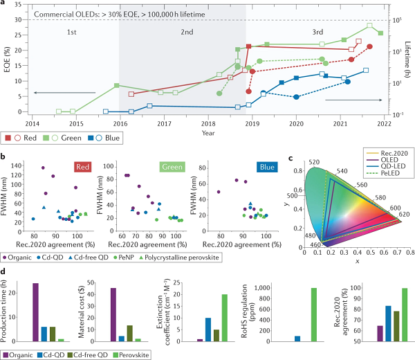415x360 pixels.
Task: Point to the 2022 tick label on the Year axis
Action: point(385,124)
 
